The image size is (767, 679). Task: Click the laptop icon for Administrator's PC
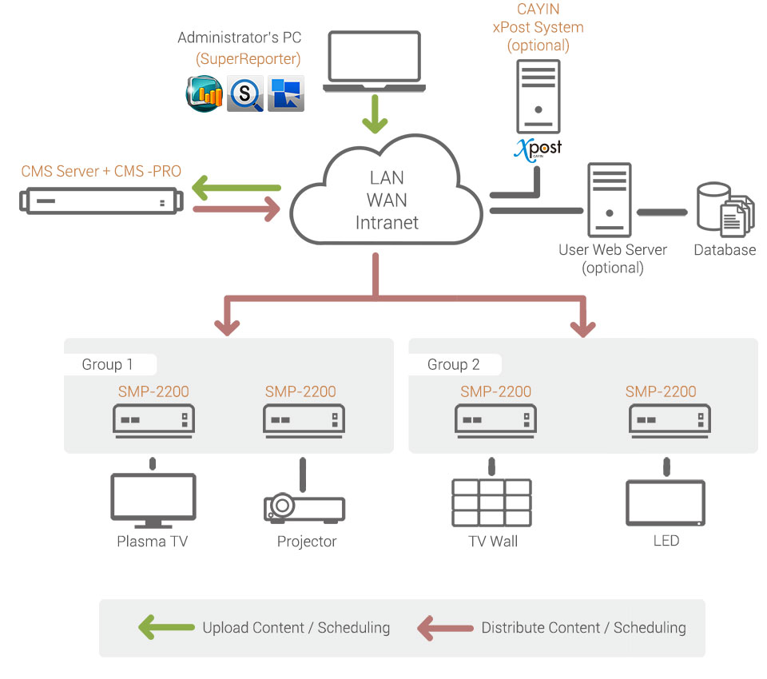(x=372, y=63)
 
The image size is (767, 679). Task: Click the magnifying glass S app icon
(x=245, y=93)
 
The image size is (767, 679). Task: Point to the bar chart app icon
(x=205, y=93)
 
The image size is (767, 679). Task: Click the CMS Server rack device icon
(x=101, y=200)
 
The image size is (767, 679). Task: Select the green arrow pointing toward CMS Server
(x=236, y=189)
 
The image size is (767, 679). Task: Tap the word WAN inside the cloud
(x=387, y=200)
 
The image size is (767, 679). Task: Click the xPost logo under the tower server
(x=538, y=149)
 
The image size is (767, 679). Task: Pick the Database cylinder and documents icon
(x=725, y=210)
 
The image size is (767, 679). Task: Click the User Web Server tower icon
(x=609, y=200)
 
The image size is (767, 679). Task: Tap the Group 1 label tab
(x=108, y=364)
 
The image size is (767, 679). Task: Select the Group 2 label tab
(x=454, y=364)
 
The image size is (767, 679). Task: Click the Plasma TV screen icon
(x=153, y=500)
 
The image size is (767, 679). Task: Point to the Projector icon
(x=304, y=507)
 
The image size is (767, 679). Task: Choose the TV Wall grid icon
(x=491, y=502)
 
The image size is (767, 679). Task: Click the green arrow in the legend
(x=166, y=627)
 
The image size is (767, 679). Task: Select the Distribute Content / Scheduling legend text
(x=583, y=627)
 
